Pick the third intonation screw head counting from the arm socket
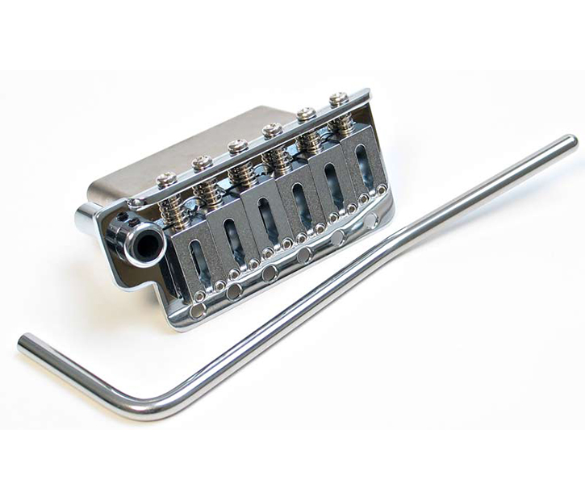[x=237, y=146]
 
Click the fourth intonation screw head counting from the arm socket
[x=272, y=128]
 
